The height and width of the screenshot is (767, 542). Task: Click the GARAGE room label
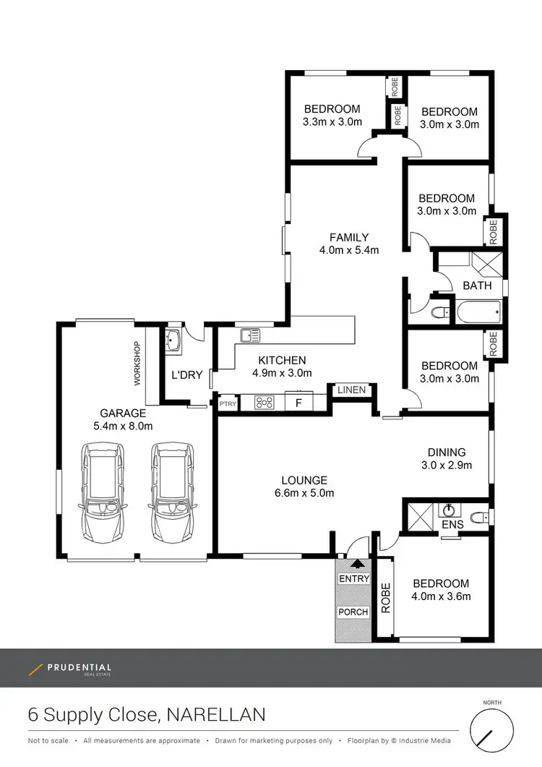(123, 413)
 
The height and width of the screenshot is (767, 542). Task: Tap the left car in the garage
(102, 494)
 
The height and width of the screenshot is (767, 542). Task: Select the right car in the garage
(171, 494)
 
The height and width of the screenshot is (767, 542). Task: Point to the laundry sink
(173, 340)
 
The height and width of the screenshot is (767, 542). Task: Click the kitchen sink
(251, 335)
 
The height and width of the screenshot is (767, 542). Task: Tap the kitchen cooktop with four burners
(264, 401)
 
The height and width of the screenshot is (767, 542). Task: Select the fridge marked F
(297, 401)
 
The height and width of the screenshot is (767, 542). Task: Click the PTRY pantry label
(227, 403)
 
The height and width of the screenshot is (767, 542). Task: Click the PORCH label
(353, 612)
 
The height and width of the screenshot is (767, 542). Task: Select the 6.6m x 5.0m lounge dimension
(304, 494)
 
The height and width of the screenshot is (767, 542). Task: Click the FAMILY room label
(349, 237)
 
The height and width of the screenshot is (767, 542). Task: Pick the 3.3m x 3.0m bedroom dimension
(332, 123)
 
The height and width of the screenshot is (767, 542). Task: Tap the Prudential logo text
(79, 667)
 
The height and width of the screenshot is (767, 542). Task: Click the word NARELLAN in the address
(215, 715)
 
